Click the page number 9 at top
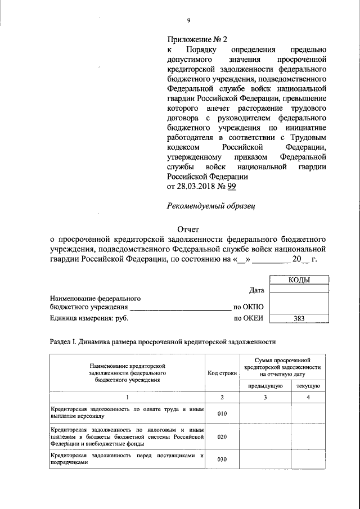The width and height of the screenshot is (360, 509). point(189,21)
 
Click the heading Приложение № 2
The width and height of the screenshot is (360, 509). point(196,39)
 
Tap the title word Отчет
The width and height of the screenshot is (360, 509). point(188,229)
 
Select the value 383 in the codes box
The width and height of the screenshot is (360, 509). point(298,318)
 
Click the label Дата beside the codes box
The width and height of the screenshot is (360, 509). point(256,290)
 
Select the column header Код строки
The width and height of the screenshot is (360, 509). point(222,373)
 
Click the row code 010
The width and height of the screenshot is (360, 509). point(222,413)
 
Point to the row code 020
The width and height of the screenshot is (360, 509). point(222,436)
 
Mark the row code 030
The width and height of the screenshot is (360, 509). point(222,459)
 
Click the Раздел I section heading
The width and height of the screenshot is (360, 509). point(163,341)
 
